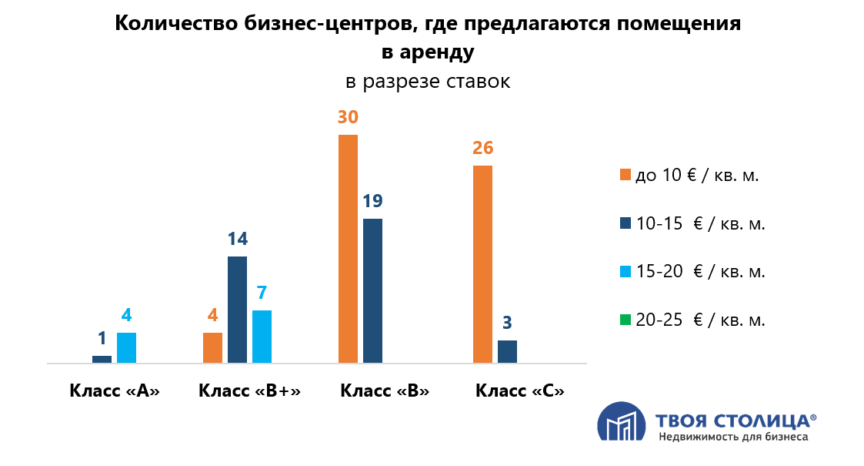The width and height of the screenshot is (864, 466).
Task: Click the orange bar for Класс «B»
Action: [348, 248]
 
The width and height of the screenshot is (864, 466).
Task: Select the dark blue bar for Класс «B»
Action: [372, 290]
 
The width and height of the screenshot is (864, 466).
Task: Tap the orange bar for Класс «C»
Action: [482, 263]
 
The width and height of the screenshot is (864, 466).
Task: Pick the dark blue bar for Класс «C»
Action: [507, 351]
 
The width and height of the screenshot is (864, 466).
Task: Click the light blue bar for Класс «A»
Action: [126, 347]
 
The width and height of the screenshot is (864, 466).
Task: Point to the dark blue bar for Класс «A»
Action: [102, 359]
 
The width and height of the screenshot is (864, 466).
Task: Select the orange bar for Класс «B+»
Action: [212, 347]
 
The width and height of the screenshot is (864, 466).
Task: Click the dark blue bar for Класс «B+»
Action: [237, 309]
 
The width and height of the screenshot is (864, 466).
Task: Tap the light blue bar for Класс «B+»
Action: [262, 336]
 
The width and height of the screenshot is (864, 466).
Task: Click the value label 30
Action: [348, 117]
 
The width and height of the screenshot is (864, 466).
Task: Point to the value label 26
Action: [482, 148]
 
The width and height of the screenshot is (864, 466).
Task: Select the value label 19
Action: [372, 201]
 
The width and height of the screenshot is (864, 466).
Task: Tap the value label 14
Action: [237, 239]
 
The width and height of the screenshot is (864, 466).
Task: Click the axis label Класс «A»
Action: [115, 390]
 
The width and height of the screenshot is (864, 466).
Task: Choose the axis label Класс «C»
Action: [520, 390]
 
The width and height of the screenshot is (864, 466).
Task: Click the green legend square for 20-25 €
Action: [625, 320]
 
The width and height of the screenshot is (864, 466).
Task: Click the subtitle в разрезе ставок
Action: [428, 81]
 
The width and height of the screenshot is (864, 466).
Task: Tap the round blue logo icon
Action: [622, 423]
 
